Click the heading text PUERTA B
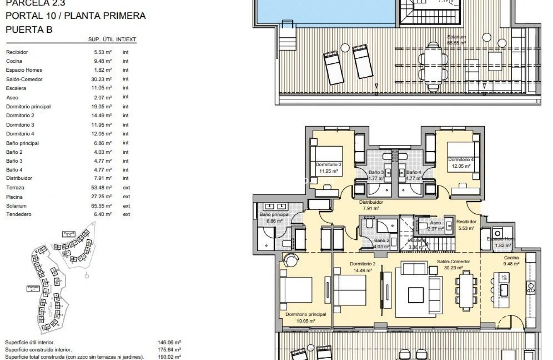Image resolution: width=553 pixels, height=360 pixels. click(x=29, y=30)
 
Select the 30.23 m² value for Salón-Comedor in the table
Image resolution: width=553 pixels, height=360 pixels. click(x=103, y=79)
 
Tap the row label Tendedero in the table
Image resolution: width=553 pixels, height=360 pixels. click(x=18, y=215)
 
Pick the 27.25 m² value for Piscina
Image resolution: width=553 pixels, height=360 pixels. click(x=103, y=197)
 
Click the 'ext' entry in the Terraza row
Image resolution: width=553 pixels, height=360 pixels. click(x=126, y=188)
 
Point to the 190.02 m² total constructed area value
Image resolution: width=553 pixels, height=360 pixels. click(x=172, y=357)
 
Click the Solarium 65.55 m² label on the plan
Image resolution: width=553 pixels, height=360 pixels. click(x=456, y=40)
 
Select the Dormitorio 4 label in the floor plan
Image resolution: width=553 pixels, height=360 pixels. click(x=461, y=163)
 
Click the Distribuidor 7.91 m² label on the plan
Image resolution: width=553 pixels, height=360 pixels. click(x=371, y=205)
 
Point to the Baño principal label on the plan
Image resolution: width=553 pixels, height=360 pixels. click(x=274, y=218)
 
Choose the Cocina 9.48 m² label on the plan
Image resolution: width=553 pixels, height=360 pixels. click(x=512, y=261)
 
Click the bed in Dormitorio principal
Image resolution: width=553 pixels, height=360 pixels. click(x=296, y=290)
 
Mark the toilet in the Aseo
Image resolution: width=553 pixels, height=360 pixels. click(x=423, y=227)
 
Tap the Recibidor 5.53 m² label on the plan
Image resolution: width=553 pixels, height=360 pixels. click(x=466, y=225)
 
